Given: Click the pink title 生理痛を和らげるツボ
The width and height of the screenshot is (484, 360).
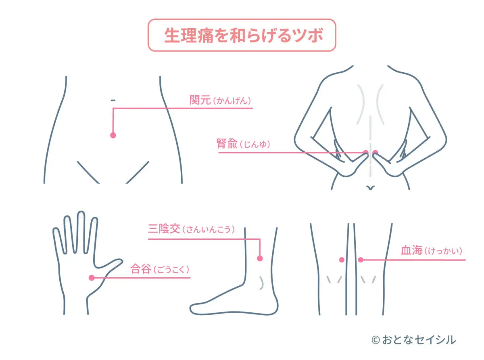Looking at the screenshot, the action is [243, 36].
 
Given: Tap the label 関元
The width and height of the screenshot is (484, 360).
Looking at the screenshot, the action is [200, 100].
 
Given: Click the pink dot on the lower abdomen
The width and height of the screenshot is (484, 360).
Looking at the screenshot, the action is [113, 135].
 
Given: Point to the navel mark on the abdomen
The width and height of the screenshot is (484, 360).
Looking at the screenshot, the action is [113, 100].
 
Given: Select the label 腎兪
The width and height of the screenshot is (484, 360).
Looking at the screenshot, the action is [227, 144].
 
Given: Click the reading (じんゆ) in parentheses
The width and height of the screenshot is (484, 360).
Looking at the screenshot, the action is [255, 144].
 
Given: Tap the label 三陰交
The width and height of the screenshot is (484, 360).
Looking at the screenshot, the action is [164, 229].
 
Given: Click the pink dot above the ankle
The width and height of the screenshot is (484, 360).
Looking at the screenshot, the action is [260, 258].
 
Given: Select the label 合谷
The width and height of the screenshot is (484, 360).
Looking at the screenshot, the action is [140, 269].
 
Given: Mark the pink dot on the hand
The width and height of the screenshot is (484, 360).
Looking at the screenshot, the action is [92, 278].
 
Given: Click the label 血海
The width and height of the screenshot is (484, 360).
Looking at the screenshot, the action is [411, 250].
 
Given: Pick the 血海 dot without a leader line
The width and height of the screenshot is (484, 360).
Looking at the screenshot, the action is [342, 260].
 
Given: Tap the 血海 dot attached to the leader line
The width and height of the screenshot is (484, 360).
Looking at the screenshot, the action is [361, 260].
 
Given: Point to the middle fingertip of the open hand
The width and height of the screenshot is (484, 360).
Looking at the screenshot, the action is [81, 213].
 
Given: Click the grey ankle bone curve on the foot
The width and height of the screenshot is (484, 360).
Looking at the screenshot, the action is [261, 283].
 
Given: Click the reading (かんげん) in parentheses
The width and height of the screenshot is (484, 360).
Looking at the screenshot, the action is [232, 101].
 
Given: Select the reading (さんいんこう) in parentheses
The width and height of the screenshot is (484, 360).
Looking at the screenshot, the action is [209, 229].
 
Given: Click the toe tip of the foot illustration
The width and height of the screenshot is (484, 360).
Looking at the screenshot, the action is [190, 309].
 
